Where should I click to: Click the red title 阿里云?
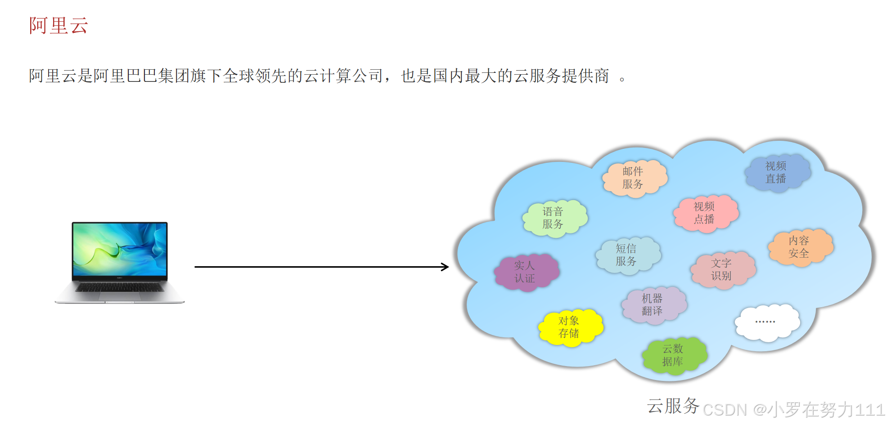click(x=59, y=26)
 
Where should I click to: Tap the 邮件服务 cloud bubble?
click(x=634, y=178)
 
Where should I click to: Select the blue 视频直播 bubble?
click(x=776, y=173)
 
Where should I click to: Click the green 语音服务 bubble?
click(x=554, y=218)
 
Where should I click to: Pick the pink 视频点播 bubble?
click(x=705, y=213)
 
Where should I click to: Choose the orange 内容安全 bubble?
click(x=800, y=247)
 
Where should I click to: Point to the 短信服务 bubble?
click(x=627, y=255)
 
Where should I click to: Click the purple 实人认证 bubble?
click(x=526, y=272)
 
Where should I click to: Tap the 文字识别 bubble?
click(x=722, y=269)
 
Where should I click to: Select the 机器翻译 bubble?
click(x=653, y=305)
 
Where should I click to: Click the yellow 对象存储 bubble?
click(x=570, y=327)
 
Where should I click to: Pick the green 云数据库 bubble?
click(x=674, y=355)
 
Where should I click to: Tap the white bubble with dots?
click(x=766, y=322)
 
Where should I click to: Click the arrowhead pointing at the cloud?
click(x=445, y=267)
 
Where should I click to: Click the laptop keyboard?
click(x=120, y=287)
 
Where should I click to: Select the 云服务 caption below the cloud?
click(x=672, y=406)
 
